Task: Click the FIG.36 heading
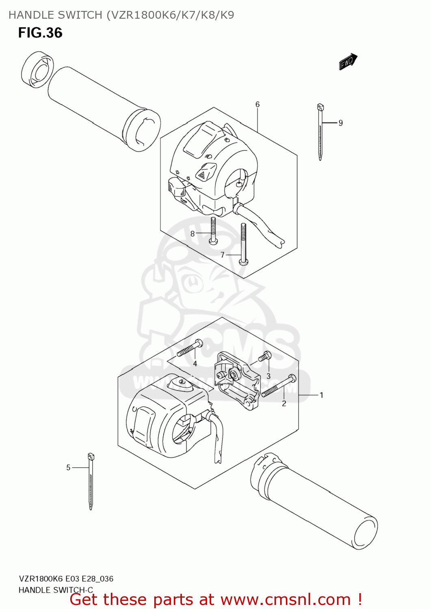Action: point(40,33)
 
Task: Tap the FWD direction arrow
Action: point(348,62)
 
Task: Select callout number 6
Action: point(257,105)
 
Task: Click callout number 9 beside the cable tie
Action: point(341,123)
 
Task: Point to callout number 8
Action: point(192,233)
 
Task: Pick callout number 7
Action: point(223,255)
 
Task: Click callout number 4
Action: point(195,364)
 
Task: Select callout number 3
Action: point(268,376)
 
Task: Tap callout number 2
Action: point(284,403)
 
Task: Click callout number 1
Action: point(321,395)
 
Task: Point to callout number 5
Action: point(68,468)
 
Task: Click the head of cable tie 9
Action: point(320,107)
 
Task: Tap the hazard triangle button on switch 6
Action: point(202,175)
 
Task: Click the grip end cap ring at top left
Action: point(37,69)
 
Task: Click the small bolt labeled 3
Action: point(265,357)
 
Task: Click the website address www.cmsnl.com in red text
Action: point(285,600)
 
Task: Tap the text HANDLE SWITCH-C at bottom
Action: point(56,590)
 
